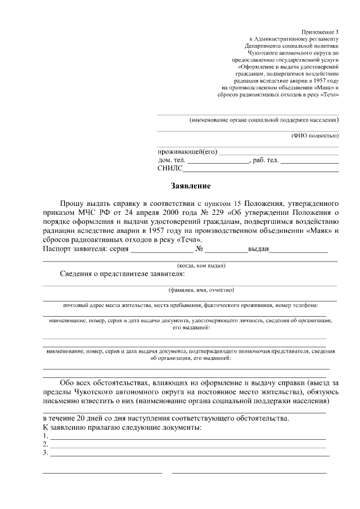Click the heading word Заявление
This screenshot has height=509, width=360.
191,186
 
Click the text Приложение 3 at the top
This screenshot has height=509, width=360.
320,32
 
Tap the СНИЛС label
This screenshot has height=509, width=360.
170,168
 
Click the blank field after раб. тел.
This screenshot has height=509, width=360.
309,162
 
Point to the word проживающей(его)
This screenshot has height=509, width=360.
187,151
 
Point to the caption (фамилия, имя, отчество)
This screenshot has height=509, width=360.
201,290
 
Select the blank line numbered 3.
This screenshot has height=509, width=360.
188,454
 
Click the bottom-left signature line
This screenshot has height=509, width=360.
102,472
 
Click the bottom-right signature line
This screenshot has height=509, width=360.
254,472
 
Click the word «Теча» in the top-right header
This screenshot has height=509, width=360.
328,95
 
